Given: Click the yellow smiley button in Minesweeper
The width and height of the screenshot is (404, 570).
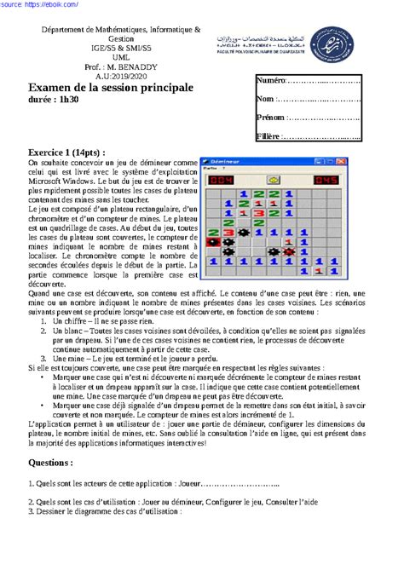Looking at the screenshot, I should click(274, 180).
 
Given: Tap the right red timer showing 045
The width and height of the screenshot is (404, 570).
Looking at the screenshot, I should click(325, 180).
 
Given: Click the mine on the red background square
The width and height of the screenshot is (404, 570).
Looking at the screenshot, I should click(214, 242).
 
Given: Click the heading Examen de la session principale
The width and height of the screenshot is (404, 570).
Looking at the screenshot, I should click(111, 87).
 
